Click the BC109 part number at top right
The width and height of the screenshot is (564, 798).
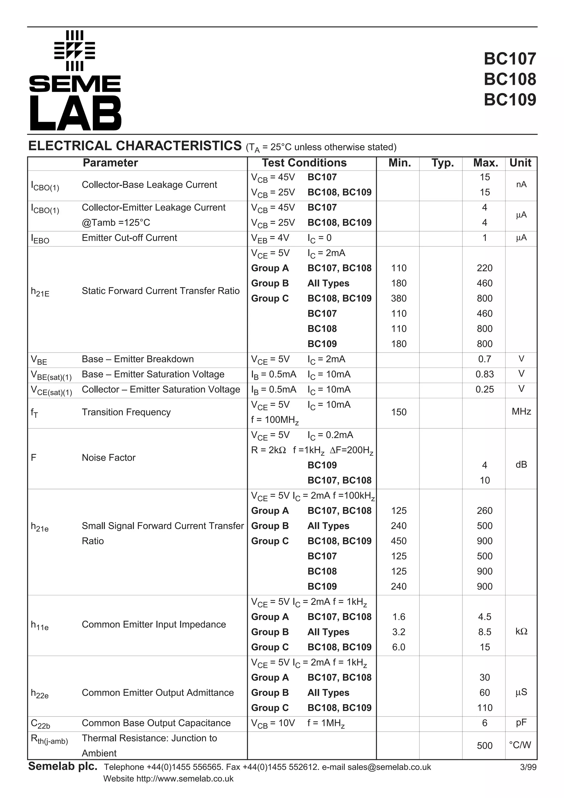pos(509,100)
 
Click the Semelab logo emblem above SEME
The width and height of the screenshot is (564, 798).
pos(75,50)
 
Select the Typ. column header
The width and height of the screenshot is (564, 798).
pos(442,163)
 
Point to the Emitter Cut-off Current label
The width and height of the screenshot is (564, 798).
pos(129,238)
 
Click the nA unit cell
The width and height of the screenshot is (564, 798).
pos(521,184)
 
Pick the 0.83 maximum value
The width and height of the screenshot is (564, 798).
pos(484,374)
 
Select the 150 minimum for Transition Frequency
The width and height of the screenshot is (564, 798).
pos(398,412)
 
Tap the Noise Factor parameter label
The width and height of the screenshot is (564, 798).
pos(109,457)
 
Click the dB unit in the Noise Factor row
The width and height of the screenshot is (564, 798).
pos(521,465)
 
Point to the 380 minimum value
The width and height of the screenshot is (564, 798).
pos(398,298)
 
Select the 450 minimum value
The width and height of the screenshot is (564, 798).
pos(398,541)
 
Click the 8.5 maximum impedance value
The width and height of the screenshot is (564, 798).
pos(484,632)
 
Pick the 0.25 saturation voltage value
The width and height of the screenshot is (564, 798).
pos(484,389)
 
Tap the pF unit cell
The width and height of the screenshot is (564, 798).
pos(521,723)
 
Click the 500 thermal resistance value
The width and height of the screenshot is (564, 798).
pos(484,745)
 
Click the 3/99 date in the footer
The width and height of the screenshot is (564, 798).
pos(528,767)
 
